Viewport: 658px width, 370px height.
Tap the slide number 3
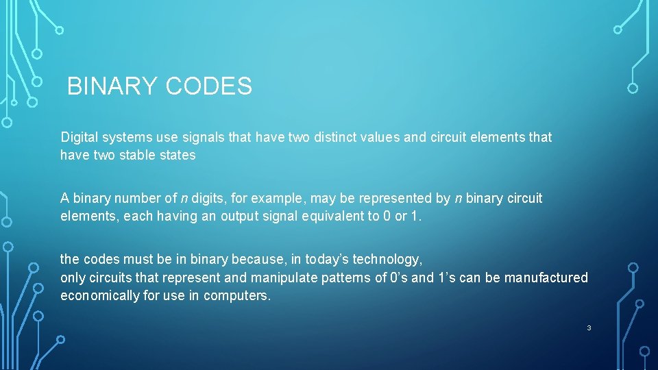589,328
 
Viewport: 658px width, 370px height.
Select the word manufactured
546,277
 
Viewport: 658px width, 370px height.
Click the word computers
243,295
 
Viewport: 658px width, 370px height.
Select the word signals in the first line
204,137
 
